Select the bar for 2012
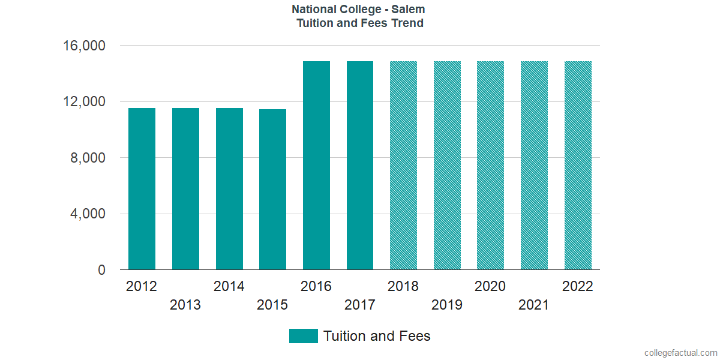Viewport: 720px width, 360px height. tap(142, 189)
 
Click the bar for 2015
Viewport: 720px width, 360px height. tap(272, 190)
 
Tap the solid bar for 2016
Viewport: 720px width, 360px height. tap(316, 166)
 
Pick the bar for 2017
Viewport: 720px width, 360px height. tap(360, 166)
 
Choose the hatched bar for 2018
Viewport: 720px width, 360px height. tap(403, 166)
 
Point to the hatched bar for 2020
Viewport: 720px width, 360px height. tap(490, 166)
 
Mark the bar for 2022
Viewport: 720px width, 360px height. tap(578, 166)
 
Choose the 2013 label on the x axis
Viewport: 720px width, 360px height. tap(185, 305)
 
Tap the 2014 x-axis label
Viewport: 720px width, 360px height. tap(229, 286)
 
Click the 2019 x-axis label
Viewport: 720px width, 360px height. tap(447, 305)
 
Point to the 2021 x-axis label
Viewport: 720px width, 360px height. tap(534, 305)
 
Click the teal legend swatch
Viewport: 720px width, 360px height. tap(303, 336)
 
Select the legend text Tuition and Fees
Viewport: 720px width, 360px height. tap(377, 336)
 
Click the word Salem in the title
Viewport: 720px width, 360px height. tap(409, 10)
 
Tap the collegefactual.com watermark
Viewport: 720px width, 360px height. tap(680, 353)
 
